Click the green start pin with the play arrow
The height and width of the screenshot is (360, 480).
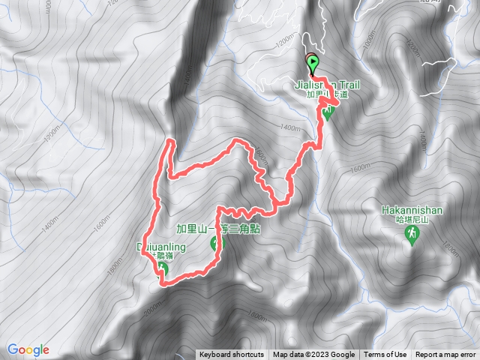(311, 63)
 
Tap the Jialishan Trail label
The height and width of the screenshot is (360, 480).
(323, 85)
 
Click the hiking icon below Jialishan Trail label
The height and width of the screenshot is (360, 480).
(327, 113)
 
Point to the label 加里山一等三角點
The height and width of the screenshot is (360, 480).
(217, 229)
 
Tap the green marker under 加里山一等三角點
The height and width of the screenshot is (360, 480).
(217, 242)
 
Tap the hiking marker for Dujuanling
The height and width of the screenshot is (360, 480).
(162, 270)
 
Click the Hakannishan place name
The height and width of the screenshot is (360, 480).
(411, 211)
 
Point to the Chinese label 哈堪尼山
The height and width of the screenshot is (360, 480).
(412, 220)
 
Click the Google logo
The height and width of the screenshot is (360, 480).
(28, 349)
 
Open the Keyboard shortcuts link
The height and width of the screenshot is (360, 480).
(231, 355)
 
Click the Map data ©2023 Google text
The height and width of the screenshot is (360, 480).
(313, 355)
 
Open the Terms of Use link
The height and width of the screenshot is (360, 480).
(385, 355)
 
